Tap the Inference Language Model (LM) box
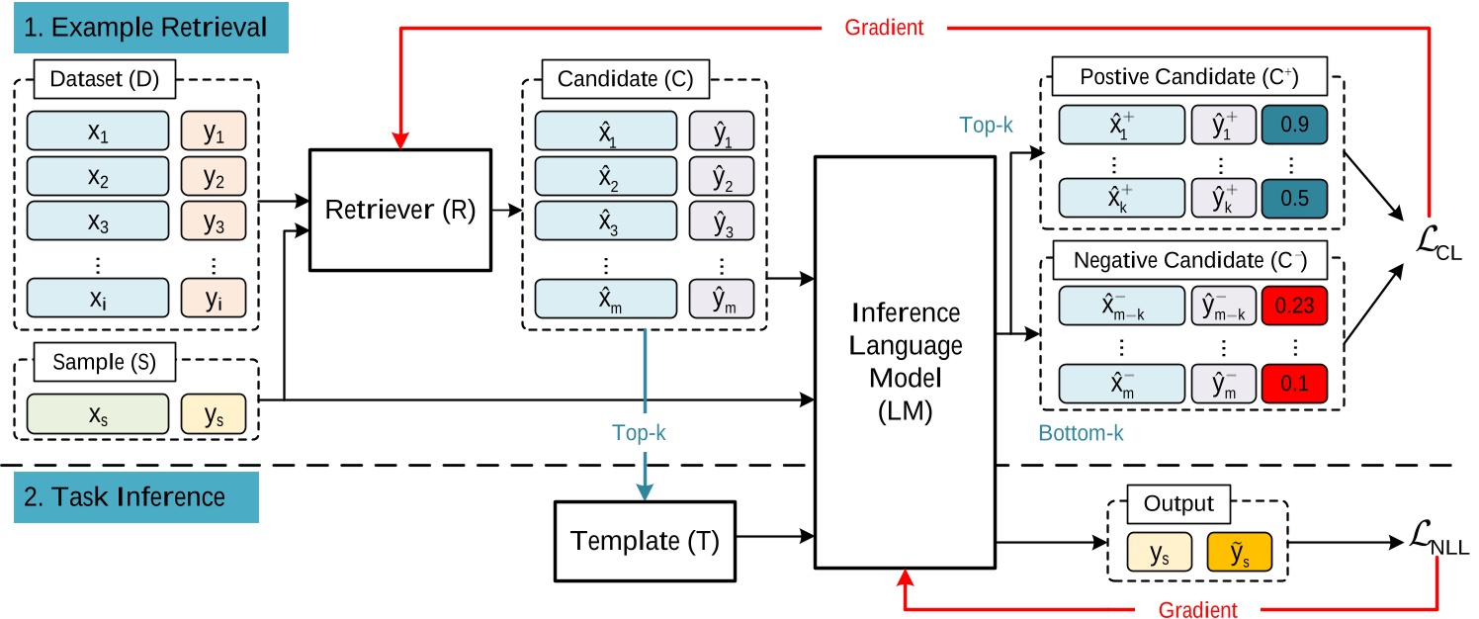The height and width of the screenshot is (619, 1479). tap(906, 362)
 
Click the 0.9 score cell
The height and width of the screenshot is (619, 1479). tap(1294, 127)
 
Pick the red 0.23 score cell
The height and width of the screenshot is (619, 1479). tap(1294, 306)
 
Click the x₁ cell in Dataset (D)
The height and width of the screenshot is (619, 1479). tap(97, 130)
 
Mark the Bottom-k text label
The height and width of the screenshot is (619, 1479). tap(1083, 432)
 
